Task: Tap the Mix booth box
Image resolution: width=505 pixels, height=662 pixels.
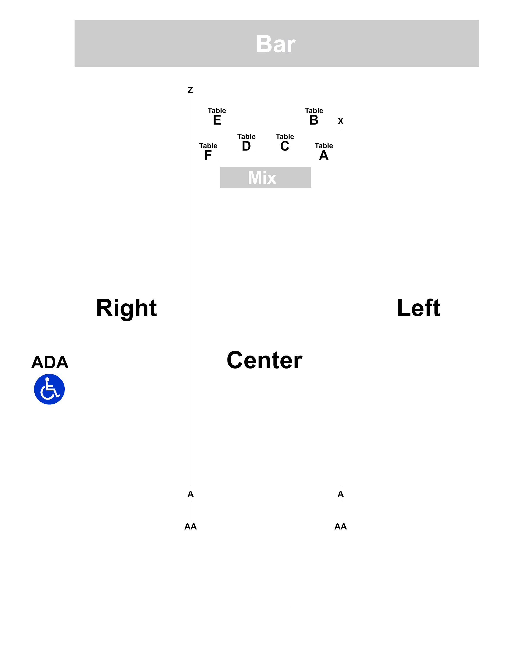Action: point(265,177)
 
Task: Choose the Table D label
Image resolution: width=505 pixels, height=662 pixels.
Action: point(246,142)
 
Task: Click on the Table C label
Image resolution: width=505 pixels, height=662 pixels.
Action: point(285,142)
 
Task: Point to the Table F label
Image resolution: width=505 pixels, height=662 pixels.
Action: point(208,151)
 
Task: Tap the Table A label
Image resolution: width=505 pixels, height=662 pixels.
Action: point(324,151)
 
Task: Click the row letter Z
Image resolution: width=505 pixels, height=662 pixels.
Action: point(190,90)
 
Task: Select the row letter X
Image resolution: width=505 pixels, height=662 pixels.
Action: point(341,121)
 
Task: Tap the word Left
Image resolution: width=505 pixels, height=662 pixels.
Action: point(418,308)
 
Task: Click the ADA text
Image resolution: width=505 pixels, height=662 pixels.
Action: point(50,362)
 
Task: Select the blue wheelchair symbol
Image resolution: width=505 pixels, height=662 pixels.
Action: point(49,389)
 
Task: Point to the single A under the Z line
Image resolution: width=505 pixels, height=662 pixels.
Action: point(190,494)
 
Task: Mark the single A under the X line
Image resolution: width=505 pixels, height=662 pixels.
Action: point(341,494)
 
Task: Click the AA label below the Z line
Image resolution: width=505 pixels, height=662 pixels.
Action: point(190,526)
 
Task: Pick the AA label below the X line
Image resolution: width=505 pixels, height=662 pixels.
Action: point(341,526)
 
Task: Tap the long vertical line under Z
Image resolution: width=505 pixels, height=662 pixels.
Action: point(191,292)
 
